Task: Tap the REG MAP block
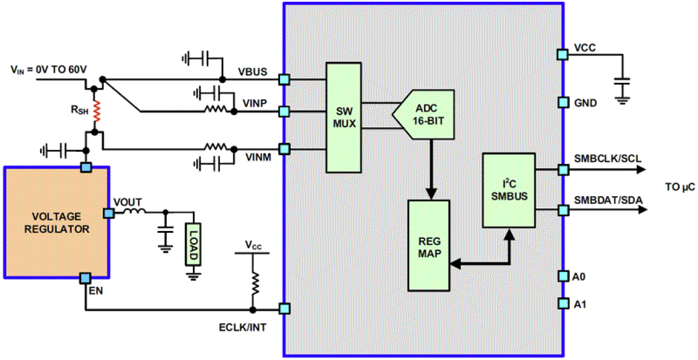(x=428, y=245)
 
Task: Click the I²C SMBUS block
(x=508, y=190)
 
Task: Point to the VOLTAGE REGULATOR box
(x=57, y=222)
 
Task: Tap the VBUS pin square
(x=284, y=80)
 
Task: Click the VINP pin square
(x=284, y=112)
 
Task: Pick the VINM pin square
(x=284, y=149)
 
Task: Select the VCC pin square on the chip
(x=562, y=54)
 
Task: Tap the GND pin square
(x=562, y=103)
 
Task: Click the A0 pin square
(x=562, y=276)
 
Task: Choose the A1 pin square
(x=562, y=303)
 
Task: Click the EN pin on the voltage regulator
(x=85, y=277)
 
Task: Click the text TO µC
(x=679, y=188)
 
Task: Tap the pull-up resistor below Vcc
(x=253, y=283)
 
